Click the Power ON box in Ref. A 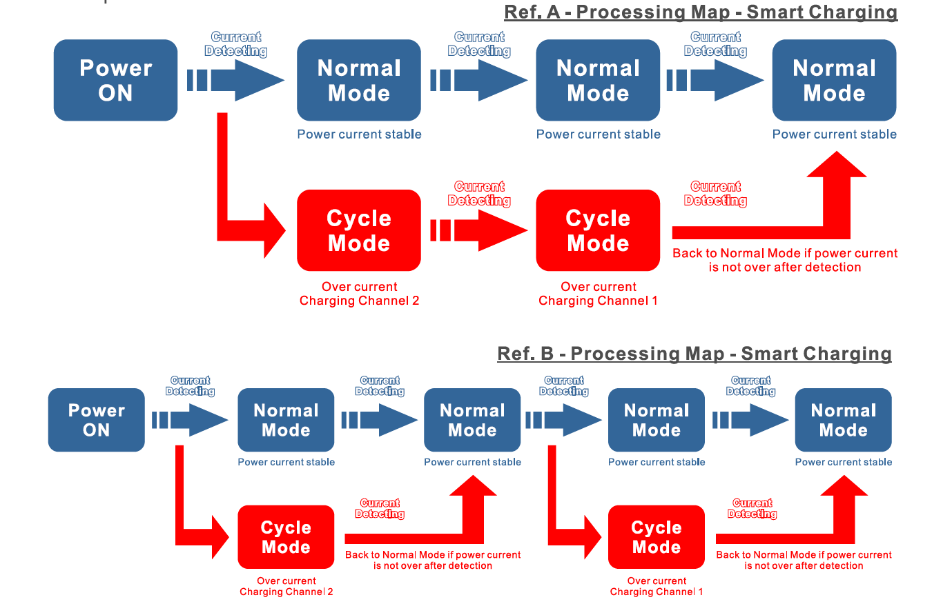coord(115,80)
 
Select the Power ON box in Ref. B coord(97,420)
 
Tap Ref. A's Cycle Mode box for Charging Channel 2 coord(359,230)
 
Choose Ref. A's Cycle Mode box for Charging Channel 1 coord(598,230)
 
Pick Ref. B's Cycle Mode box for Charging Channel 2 coord(286,537)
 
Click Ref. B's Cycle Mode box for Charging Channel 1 coord(657,537)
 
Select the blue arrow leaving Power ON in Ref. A coord(236,80)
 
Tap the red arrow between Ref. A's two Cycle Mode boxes coord(479,230)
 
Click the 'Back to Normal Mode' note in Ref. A coord(784,260)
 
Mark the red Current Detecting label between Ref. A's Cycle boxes coord(479,194)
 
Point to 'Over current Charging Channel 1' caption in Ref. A coord(598,294)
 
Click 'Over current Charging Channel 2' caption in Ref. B coord(286,586)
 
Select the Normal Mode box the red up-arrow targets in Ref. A coord(834,80)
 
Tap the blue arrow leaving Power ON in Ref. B coord(191,420)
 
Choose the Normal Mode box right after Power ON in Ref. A coord(359,80)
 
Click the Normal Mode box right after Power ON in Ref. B coord(286,420)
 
